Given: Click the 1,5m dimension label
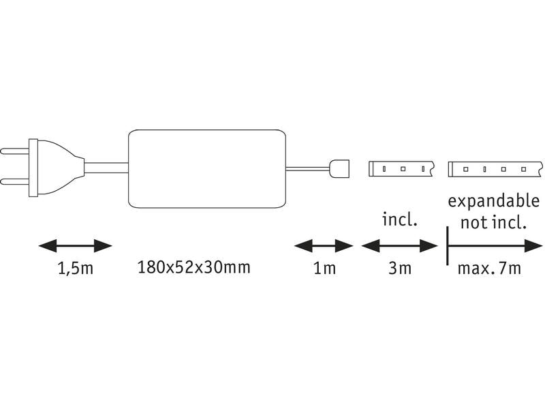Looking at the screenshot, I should [x=74, y=269].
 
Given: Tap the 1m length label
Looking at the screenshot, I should [x=324, y=268].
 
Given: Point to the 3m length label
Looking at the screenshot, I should [x=400, y=268].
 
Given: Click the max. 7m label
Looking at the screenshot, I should [x=488, y=268].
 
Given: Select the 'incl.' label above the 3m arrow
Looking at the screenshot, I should [x=399, y=220].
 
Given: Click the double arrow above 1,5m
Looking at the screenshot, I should [x=74, y=245].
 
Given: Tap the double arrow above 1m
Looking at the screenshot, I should [x=324, y=245].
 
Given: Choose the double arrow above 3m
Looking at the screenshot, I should [x=399, y=245].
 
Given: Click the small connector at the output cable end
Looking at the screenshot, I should [x=339, y=167].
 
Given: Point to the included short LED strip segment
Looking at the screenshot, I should [x=401, y=168].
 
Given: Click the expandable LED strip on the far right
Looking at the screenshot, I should [x=495, y=168].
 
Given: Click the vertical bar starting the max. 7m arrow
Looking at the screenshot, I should [x=447, y=245].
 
